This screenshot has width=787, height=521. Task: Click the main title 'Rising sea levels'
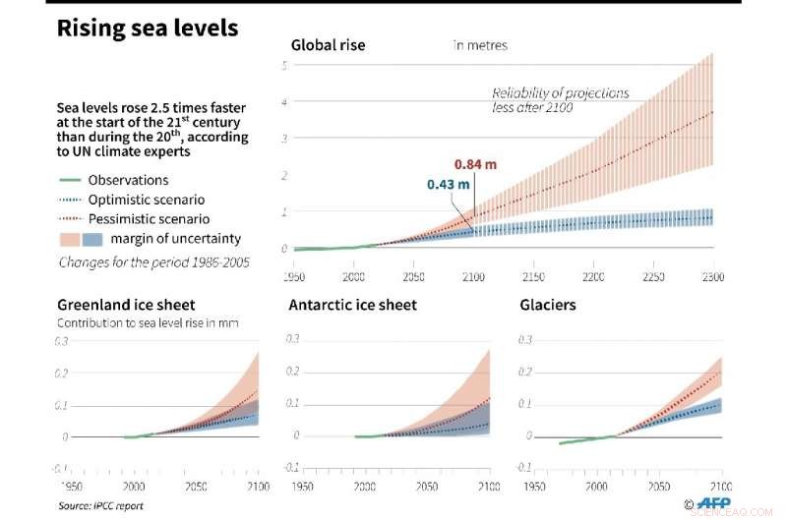click(147, 28)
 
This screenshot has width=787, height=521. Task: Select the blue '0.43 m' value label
click(448, 184)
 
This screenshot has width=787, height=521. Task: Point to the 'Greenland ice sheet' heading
click(126, 305)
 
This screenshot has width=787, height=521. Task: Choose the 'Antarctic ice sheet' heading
click(352, 305)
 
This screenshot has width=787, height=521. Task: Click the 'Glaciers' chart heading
click(548, 305)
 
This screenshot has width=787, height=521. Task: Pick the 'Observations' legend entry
click(128, 180)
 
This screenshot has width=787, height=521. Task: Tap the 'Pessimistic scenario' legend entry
click(148, 219)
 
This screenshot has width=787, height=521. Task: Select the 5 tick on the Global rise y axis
click(283, 66)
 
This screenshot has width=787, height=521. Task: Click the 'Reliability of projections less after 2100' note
click(561, 100)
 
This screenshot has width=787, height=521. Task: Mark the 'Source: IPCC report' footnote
click(100, 505)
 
